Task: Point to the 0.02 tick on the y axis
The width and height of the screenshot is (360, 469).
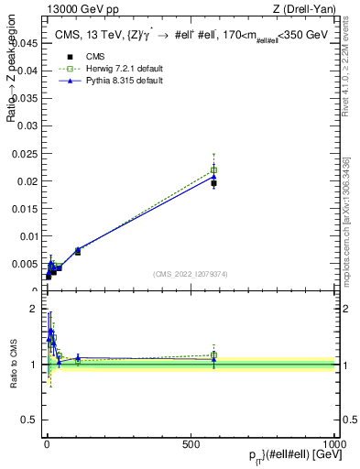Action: coord(28,180)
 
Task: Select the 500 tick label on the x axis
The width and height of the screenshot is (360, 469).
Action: coord(191,443)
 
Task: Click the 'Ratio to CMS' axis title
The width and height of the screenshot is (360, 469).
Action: coord(14,365)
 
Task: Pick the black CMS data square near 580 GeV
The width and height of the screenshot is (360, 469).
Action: coord(213,183)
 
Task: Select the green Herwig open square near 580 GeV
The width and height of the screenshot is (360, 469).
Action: coord(213,169)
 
